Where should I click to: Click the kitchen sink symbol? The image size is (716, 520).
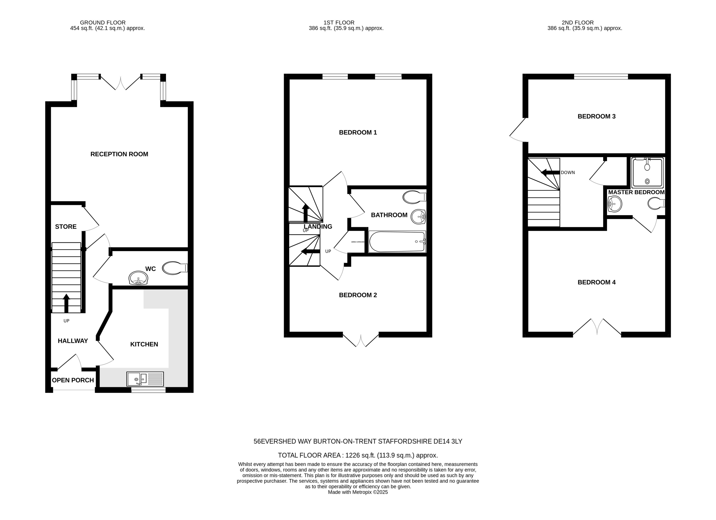pos(145,379)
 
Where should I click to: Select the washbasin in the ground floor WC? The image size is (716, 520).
pos(138,278)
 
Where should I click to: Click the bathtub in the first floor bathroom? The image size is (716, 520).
pos(397,242)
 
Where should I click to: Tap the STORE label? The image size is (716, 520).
pos(66,227)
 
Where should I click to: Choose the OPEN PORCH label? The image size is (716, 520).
pos(73,380)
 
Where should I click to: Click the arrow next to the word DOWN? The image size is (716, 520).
pos(550,172)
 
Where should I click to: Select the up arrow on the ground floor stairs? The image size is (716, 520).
pos(66,303)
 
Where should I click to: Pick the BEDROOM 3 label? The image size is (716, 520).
pos(596,116)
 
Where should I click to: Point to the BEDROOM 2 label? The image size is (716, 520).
pos(358,295)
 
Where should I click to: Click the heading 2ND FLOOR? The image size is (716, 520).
pos(577,23)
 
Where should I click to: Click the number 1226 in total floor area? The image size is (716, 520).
pos(352,455)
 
